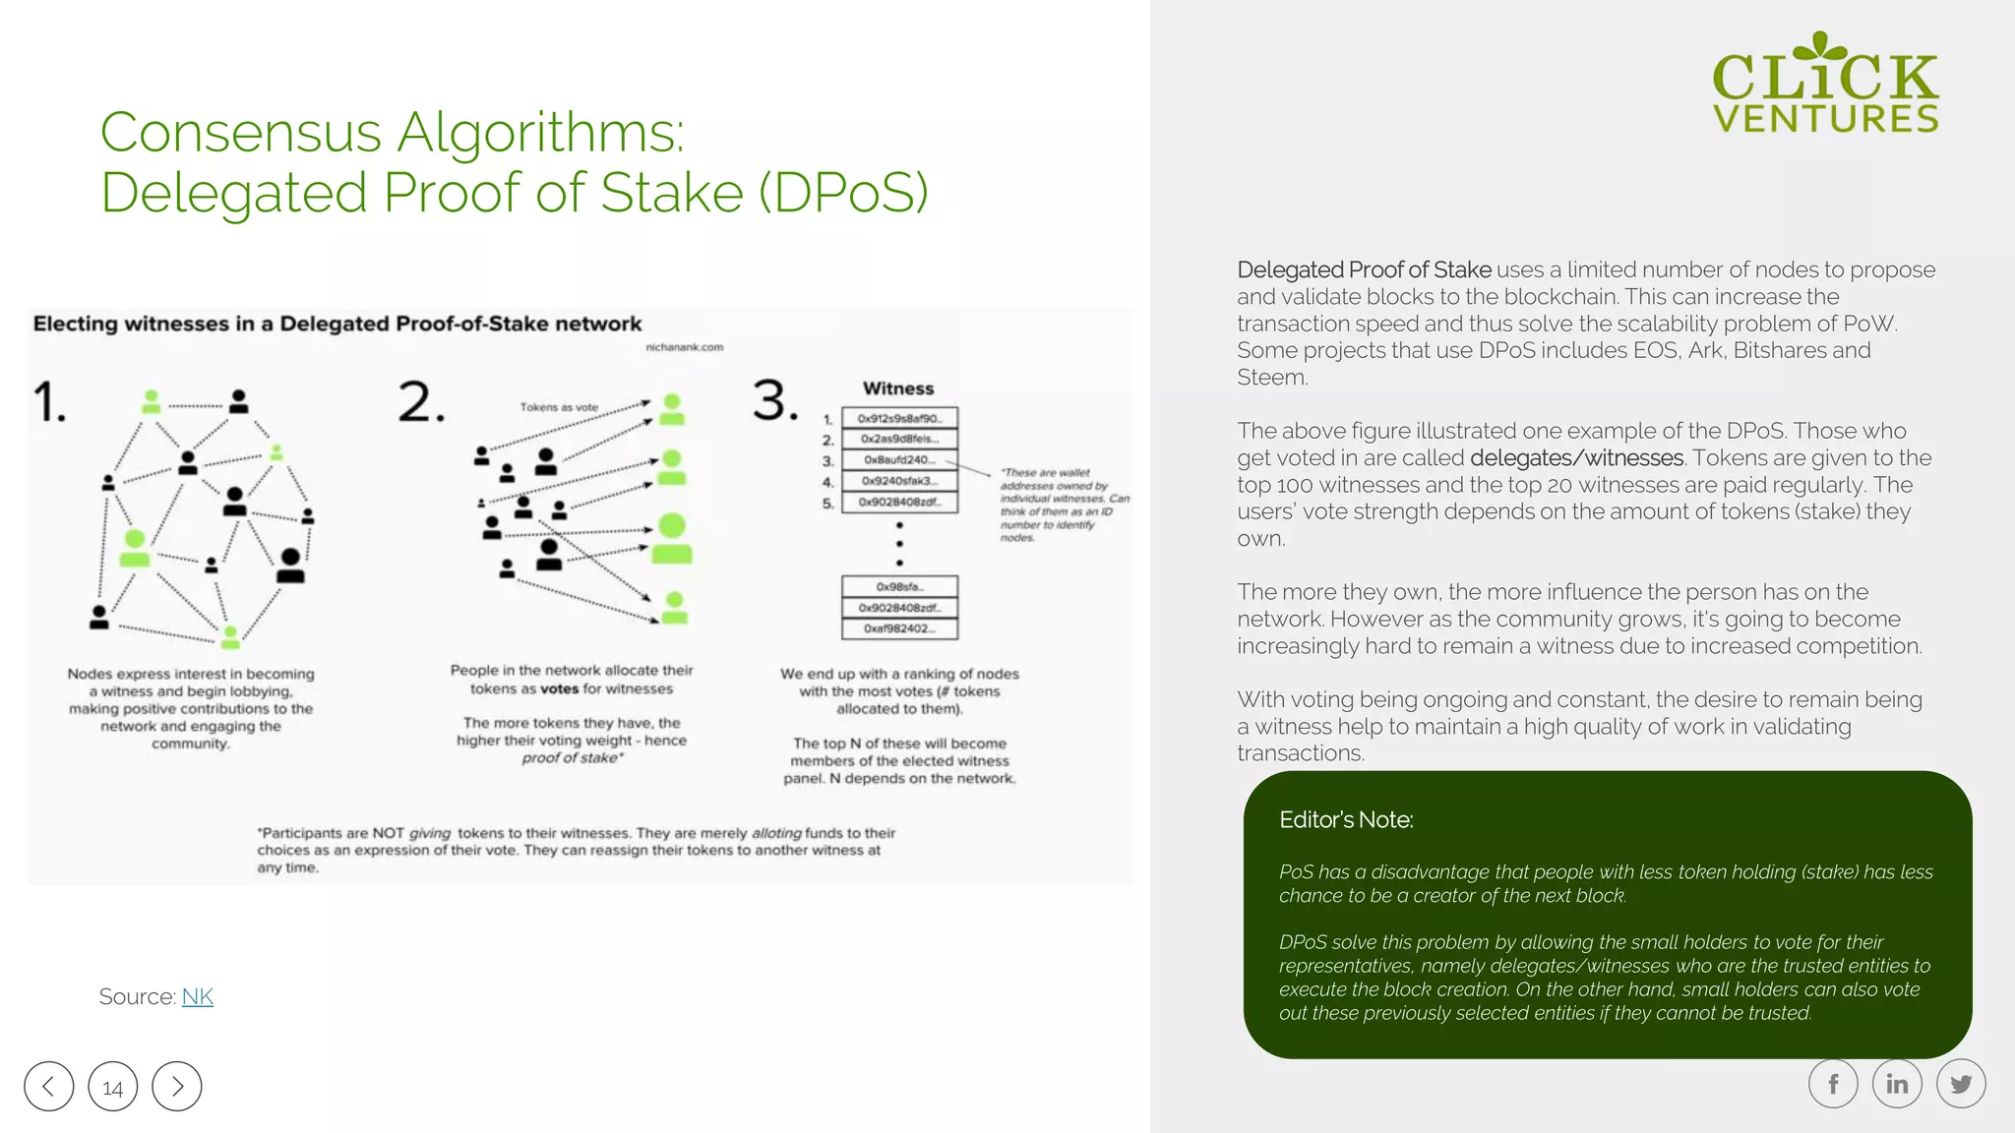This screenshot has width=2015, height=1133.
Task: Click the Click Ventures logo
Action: pyautogui.click(x=1825, y=85)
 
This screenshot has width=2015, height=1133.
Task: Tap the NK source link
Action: pyautogui.click(x=197, y=996)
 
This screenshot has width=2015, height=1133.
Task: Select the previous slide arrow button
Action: pyautogui.click(x=49, y=1086)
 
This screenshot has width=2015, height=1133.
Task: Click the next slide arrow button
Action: pyautogui.click(x=177, y=1086)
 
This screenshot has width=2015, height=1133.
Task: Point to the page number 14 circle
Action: pyautogui.click(x=113, y=1087)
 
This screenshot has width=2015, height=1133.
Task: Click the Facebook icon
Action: pyautogui.click(x=1833, y=1084)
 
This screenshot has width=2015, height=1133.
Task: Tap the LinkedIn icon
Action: pyautogui.click(x=1897, y=1084)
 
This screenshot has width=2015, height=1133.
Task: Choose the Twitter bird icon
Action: pyautogui.click(x=1961, y=1084)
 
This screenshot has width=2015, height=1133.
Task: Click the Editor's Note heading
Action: pyautogui.click(x=1346, y=820)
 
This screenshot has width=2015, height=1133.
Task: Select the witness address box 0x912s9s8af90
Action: pyautogui.click(x=899, y=418)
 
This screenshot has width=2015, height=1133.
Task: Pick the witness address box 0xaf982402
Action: pyautogui.click(x=899, y=628)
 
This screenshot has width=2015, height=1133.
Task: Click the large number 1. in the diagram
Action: pyautogui.click(x=49, y=402)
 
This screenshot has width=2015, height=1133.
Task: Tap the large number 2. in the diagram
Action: pyautogui.click(x=421, y=402)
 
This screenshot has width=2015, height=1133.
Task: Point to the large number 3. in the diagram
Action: pyautogui.click(x=775, y=400)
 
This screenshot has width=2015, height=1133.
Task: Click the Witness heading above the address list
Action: pyautogui.click(x=898, y=388)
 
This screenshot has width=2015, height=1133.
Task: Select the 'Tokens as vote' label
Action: pyautogui.click(x=559, y=407)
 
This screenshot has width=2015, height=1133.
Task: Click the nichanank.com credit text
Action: pyautogui.click(x=685, y=347)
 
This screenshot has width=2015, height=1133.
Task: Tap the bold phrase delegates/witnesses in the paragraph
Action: pyautogui.click(x=1576, y=458)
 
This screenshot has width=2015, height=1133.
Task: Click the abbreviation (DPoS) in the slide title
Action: pyautogui.click(x=843, y=192)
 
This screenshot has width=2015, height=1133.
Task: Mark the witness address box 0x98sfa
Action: pyautogui.click(x=899, y=586)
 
